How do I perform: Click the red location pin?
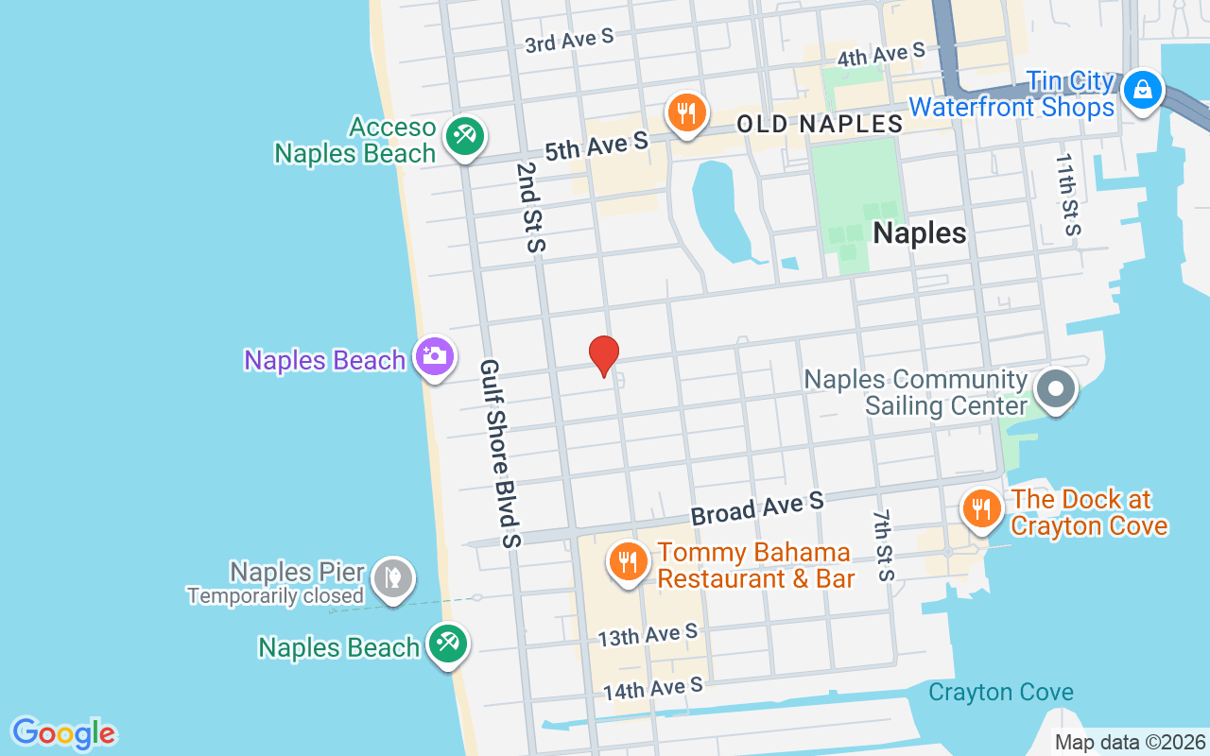click(x=603, y=355)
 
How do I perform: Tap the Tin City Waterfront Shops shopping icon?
click(x=1142, y=90)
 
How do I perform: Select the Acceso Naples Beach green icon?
click(x=463, y=136)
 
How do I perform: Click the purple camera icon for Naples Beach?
click(x=435, y=356)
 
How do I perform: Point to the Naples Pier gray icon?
click(x=390, y=576)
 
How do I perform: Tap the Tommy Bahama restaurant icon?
click(x=626, y=561)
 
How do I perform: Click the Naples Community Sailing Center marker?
click(x=1055, y=388)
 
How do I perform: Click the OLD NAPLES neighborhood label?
click(x=820, y=124)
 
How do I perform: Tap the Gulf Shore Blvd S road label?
click(x=500, y=454)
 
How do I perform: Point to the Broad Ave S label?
click(x=757, y=507)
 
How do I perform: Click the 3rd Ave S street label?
click(x=569, y=41)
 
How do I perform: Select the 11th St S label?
click(x=1067, y=194)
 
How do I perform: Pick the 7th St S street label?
click(x=883, y=545)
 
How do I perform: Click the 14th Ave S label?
click(x=652, y=688)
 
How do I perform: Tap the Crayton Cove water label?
click(x=1000, y=693)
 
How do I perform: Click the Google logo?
click(x=63, y=733)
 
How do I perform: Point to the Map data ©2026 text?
click(x=1130, y=743)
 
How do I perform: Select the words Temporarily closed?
click(x=275, y=596)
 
